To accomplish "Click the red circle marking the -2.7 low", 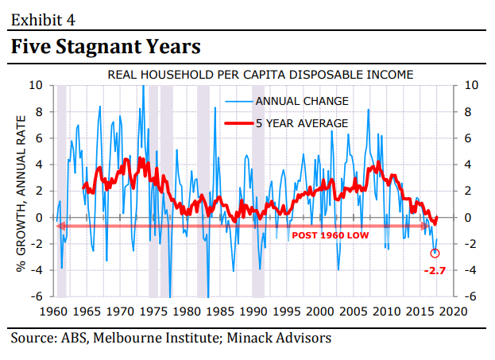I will coord(435,254).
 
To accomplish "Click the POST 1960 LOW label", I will coord(330,236).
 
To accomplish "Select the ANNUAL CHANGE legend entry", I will coord(301,102).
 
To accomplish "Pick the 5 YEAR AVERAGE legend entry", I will coord(301,123).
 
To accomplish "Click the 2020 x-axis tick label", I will coord(454,310).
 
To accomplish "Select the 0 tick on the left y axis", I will coord(40,217).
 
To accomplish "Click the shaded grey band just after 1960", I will coord(61,191).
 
